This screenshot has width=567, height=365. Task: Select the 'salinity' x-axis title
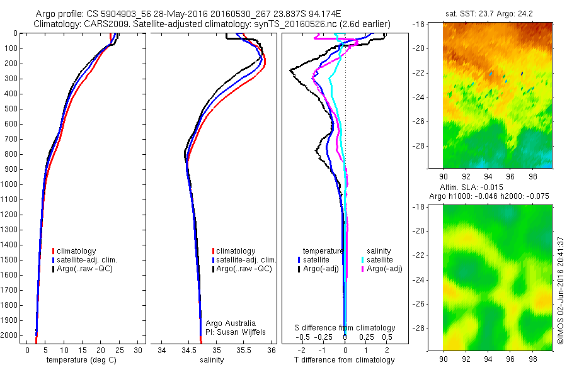point(212,360)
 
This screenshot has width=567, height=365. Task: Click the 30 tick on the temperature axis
point(138,350)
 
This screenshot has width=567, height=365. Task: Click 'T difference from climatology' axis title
point(344,360)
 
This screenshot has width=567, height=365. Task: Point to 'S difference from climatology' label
point(345,328)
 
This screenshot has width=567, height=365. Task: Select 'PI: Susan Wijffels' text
point(234,332)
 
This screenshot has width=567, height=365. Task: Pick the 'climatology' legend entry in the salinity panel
point(236,251)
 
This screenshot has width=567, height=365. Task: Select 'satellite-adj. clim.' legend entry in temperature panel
point(88,260)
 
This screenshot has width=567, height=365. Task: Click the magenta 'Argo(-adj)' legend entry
point(384,269)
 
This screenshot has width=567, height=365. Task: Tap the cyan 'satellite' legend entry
point(380,259)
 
